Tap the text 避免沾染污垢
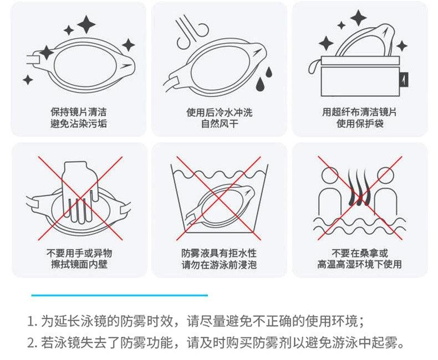click(78, 124)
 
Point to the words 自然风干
click(219, 124)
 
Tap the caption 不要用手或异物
click(78, 253)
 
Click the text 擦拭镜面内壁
click(78, 265)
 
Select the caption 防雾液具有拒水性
click(219, 253)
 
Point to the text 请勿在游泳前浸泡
click(219, 265)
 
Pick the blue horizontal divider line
click(119, 295)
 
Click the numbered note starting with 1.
click(195, 321)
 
